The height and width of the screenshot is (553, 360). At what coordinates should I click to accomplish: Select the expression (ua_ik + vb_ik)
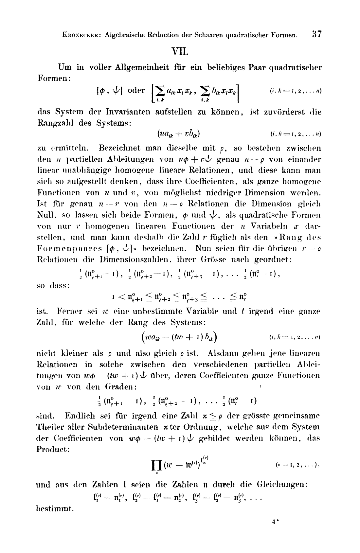coord(179,134)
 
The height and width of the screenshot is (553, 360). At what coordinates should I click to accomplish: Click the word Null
coord(45,216)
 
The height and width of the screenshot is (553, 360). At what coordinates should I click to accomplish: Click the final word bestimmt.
coord(55,509)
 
